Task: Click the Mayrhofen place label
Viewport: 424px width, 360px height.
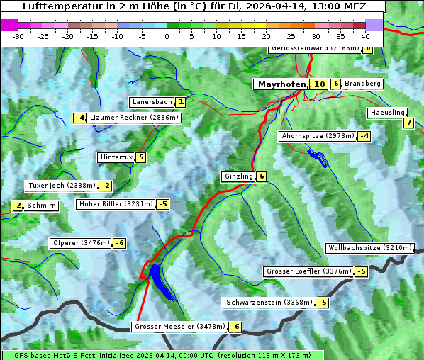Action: (281, 84)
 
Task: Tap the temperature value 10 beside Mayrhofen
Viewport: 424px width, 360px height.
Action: (319, 84)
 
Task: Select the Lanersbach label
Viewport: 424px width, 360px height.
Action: (152, 102)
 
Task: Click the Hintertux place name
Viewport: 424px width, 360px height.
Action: (116, 157)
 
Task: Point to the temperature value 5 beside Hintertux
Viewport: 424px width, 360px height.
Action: (141, 157)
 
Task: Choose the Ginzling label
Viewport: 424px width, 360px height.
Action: (238, 176)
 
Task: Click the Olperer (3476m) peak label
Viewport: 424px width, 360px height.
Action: (81, 243)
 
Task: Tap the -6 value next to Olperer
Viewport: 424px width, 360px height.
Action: (119, 243)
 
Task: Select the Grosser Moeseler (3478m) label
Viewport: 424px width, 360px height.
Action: (179, 327)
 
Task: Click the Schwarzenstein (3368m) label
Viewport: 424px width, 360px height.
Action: (268, 303)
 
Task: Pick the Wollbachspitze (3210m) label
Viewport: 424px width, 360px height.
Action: (369, 248)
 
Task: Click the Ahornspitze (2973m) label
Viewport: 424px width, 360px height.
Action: (318, 135)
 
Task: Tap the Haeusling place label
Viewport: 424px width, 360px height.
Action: (387, 113)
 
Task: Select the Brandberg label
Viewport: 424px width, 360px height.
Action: (363, 84)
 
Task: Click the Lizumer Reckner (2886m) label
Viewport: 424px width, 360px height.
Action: (133, 118)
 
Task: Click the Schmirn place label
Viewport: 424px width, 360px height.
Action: (42, 206)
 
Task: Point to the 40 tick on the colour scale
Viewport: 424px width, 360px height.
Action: (365, 36)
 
